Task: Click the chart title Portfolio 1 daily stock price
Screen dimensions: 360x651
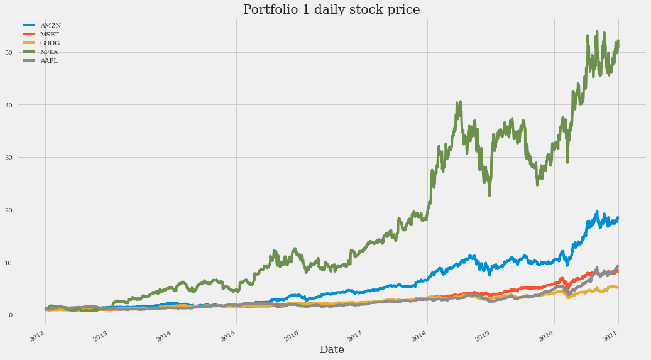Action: coord(331,10)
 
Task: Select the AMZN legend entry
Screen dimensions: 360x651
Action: coord(50,26)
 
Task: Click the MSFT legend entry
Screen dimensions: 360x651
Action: coord(50,35)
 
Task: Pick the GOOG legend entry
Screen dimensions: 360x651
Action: coord(50,43)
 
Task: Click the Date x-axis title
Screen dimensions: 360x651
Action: coord(331,350)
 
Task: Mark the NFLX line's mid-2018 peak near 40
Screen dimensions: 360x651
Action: coord(460,102)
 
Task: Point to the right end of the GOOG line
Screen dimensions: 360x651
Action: coord(618,287)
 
